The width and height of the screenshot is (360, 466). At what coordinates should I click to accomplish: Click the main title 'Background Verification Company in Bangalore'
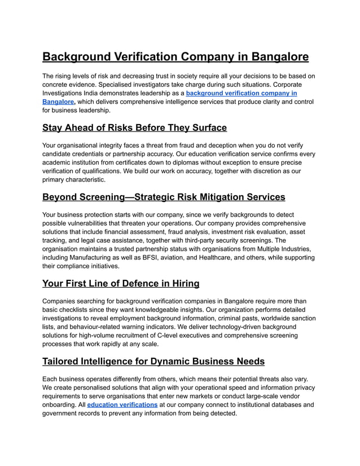point(175,57)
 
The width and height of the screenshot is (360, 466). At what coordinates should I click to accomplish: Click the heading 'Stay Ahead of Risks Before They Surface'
point(134,128)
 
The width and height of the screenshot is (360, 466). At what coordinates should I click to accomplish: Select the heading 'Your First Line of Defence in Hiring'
point(121,283)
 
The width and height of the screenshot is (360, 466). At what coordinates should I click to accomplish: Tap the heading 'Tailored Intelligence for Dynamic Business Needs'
point(153,361)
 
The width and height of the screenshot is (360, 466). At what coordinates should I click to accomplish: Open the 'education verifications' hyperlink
point(122,405)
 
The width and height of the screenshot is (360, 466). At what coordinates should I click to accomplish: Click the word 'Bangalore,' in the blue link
point(59,102)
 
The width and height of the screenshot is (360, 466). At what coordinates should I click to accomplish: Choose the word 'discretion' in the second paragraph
point(247,171)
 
